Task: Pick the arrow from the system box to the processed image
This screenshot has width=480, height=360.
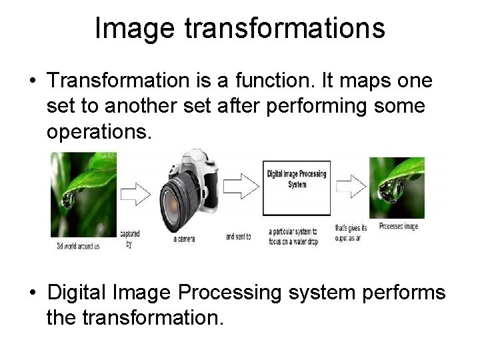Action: (350, 181)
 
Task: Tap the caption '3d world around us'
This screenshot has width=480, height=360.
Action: (78, 245)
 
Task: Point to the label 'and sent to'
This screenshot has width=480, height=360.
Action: (239, 236)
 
